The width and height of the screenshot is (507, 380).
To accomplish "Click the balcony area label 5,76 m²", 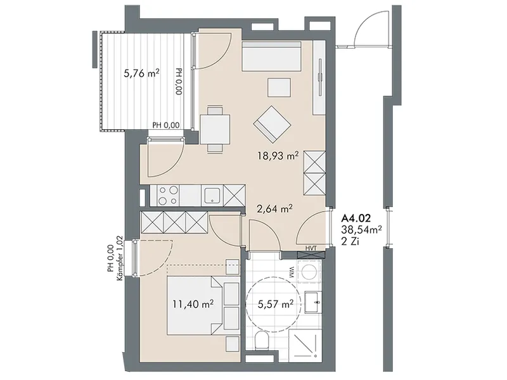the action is (141, 73).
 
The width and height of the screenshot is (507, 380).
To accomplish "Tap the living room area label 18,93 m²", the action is (278, 156).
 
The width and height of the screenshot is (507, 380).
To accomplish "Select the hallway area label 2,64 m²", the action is (275, 208).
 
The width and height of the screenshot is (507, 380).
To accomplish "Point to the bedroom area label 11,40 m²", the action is (193, 304).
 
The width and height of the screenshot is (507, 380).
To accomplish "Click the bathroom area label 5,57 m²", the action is (275, 304).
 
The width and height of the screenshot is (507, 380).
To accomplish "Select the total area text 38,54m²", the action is (362, 230).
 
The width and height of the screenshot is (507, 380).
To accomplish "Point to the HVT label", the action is (311, 248).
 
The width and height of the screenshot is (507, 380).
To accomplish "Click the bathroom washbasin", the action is (313, 302).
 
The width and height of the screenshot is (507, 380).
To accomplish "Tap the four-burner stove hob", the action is (168, 195).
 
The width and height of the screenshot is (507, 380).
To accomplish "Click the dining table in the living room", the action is (215, 129).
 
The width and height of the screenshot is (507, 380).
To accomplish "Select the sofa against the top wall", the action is (272, 56).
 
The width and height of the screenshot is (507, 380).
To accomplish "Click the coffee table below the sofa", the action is (279, 87).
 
